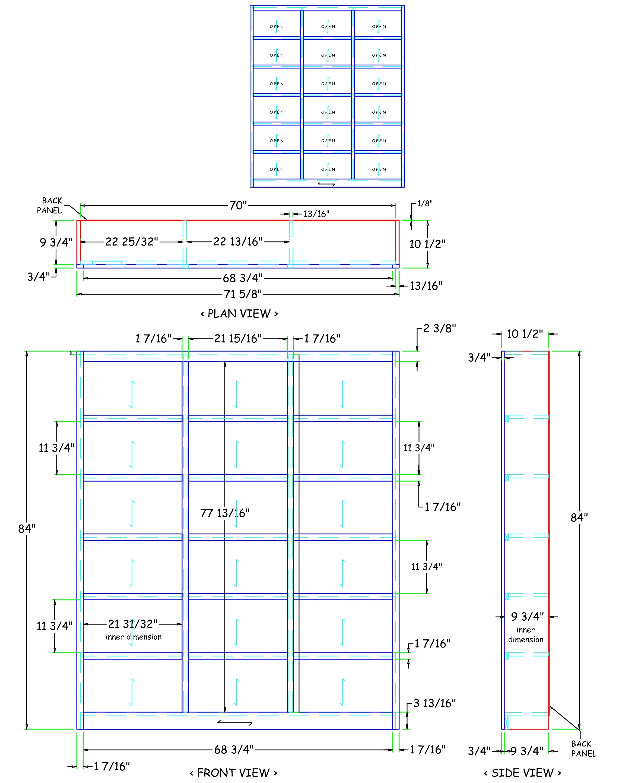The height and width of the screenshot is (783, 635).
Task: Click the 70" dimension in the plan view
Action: (x=238, y=205)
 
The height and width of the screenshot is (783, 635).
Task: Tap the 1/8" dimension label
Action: (x=425, y=203)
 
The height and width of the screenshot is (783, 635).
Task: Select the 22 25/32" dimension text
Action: (x=132, y=241)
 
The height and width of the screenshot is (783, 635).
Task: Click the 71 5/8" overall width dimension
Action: (x=243, y=294)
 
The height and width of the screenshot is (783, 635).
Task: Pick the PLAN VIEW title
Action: (x=239, y=314)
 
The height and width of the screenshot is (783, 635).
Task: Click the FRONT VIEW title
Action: (x=233, y=772)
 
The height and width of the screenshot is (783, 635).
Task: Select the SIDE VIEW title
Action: (x=522, y=772)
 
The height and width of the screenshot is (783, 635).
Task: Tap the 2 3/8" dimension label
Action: (x=439, y=328)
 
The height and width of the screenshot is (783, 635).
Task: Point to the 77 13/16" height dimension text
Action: (x=225, y=513)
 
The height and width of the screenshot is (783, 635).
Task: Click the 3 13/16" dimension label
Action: (x=434, y=703)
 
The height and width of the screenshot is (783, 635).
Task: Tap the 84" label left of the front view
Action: (x=27, y=528)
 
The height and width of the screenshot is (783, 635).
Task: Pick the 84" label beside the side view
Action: (x=579, y=517)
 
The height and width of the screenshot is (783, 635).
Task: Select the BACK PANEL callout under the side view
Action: (x=583, y=748)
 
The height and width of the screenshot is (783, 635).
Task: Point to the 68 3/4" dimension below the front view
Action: (x=234, y=749)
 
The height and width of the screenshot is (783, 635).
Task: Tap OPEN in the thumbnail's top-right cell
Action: (x=379, y=26)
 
